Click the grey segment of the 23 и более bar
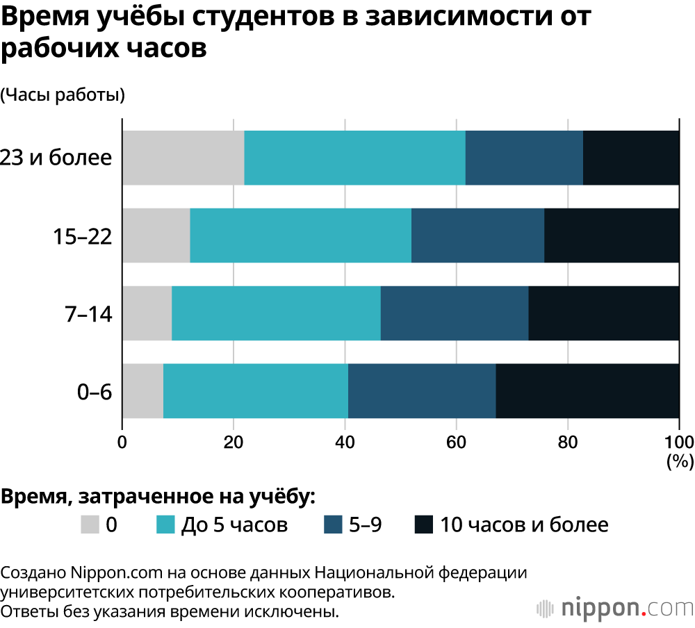pyautogui.click(x=183, y=158)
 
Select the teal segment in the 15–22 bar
pyautogui.click(x=300, y=235)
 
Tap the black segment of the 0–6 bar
pyautogui.click(x=587, y=391)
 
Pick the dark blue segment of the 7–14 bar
pyautogui.click(x=455, y=313)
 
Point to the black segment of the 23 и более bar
pyautogui.click(x=631, y=158)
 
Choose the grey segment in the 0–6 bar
pyautogui.click(x=143, y=391)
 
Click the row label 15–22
pyautogui.click(x=83, y=236)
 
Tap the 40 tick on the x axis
pyautogui.click(x=345, y=443)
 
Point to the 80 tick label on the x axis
pyautogui.click(x=567, y=443)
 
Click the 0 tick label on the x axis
pyautogui.click(x=122, y=443)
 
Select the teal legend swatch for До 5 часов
pyautogui.click(x=165, y=524)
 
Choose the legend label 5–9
pyautogui.click(x=365, y=524)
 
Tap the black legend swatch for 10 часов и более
pyautogui.click(x=423, y=524)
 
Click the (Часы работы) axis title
pyautogui.click(x=63, y=95)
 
